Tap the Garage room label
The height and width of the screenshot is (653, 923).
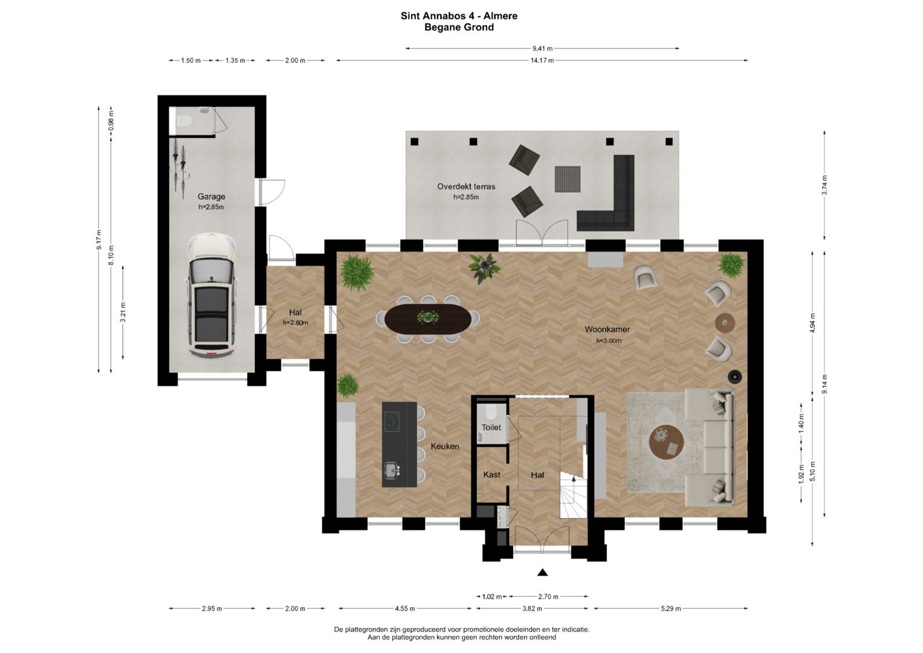point(211,197)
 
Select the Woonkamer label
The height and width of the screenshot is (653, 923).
point(607,330)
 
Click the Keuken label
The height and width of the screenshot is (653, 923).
point(445,446)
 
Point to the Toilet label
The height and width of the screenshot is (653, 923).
point(491,427)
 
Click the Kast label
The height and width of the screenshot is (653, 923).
point(491,475)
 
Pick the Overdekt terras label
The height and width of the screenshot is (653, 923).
point(466,186)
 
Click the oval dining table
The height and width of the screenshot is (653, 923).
point(428,318)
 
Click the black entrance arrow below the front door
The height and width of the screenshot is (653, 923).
point(542,572)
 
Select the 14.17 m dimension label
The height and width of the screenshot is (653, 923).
point(542,60)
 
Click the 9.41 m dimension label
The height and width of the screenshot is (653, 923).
point(542,48)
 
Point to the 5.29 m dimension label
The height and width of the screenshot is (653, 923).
point(670,608)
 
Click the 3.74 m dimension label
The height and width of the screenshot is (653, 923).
point(824,186)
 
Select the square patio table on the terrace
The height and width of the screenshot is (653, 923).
point(568,179)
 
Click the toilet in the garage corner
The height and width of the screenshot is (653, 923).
point(183,121)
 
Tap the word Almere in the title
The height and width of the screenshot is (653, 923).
point(500,16)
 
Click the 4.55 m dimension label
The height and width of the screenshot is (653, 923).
point(404,608)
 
